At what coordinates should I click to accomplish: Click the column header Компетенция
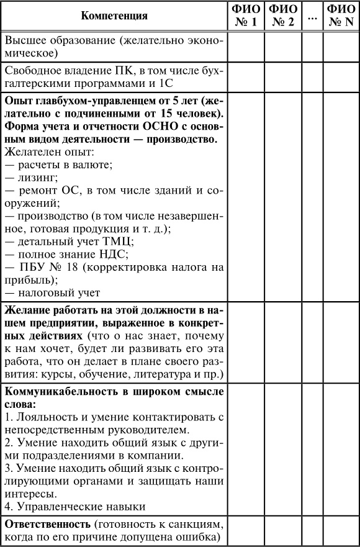pyautogui.click(x=114, y=16)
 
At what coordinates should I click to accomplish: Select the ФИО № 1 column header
pyautogui.click(x=246, y=16)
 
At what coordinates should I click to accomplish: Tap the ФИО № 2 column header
pyautogui.click(x=283, y=16)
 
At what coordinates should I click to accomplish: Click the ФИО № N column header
pyautogui.click(x=341, y=16)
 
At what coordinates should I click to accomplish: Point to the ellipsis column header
pyautogui.click(x=312, y=16)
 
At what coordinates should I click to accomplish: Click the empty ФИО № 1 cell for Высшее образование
pyautogui.click(x=246, y=46)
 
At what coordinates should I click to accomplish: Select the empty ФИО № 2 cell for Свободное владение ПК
pyautogui.click(x=283, y=76)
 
